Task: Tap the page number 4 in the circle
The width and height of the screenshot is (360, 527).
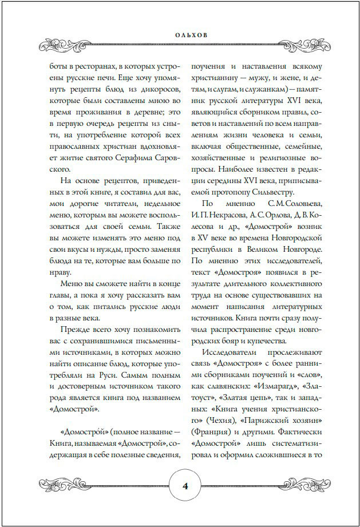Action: tap(185, 486)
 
